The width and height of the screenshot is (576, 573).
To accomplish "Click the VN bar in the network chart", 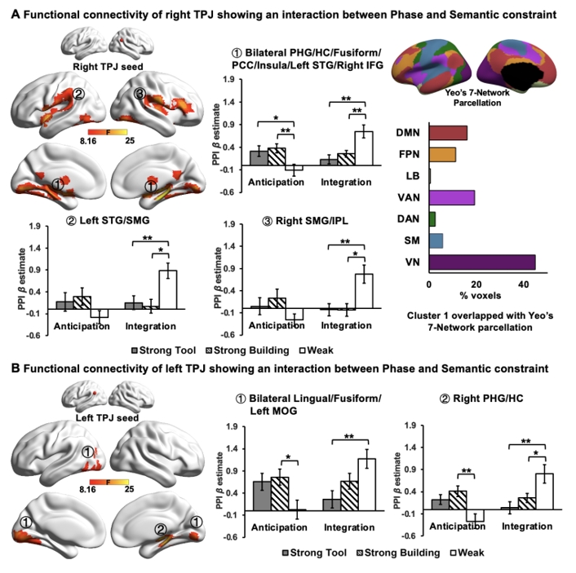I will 482,262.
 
